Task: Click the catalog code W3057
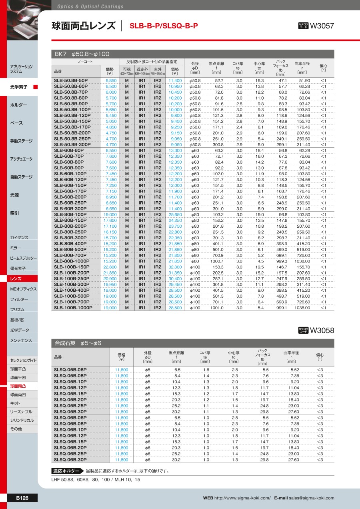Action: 322,26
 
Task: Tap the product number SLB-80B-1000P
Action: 72,261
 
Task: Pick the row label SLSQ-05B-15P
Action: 70,394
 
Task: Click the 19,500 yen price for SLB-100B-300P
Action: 110,284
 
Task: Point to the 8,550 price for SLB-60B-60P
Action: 111,150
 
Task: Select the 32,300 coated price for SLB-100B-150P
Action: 175,267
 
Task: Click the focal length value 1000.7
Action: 217,261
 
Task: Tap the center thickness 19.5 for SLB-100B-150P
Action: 259,267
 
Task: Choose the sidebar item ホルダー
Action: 19,105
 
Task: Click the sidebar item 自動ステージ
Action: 21,177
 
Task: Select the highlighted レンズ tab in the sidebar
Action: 16,279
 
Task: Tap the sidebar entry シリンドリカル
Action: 22,420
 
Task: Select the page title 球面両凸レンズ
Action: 84,26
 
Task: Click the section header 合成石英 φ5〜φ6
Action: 78,343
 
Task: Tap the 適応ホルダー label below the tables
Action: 66,471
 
